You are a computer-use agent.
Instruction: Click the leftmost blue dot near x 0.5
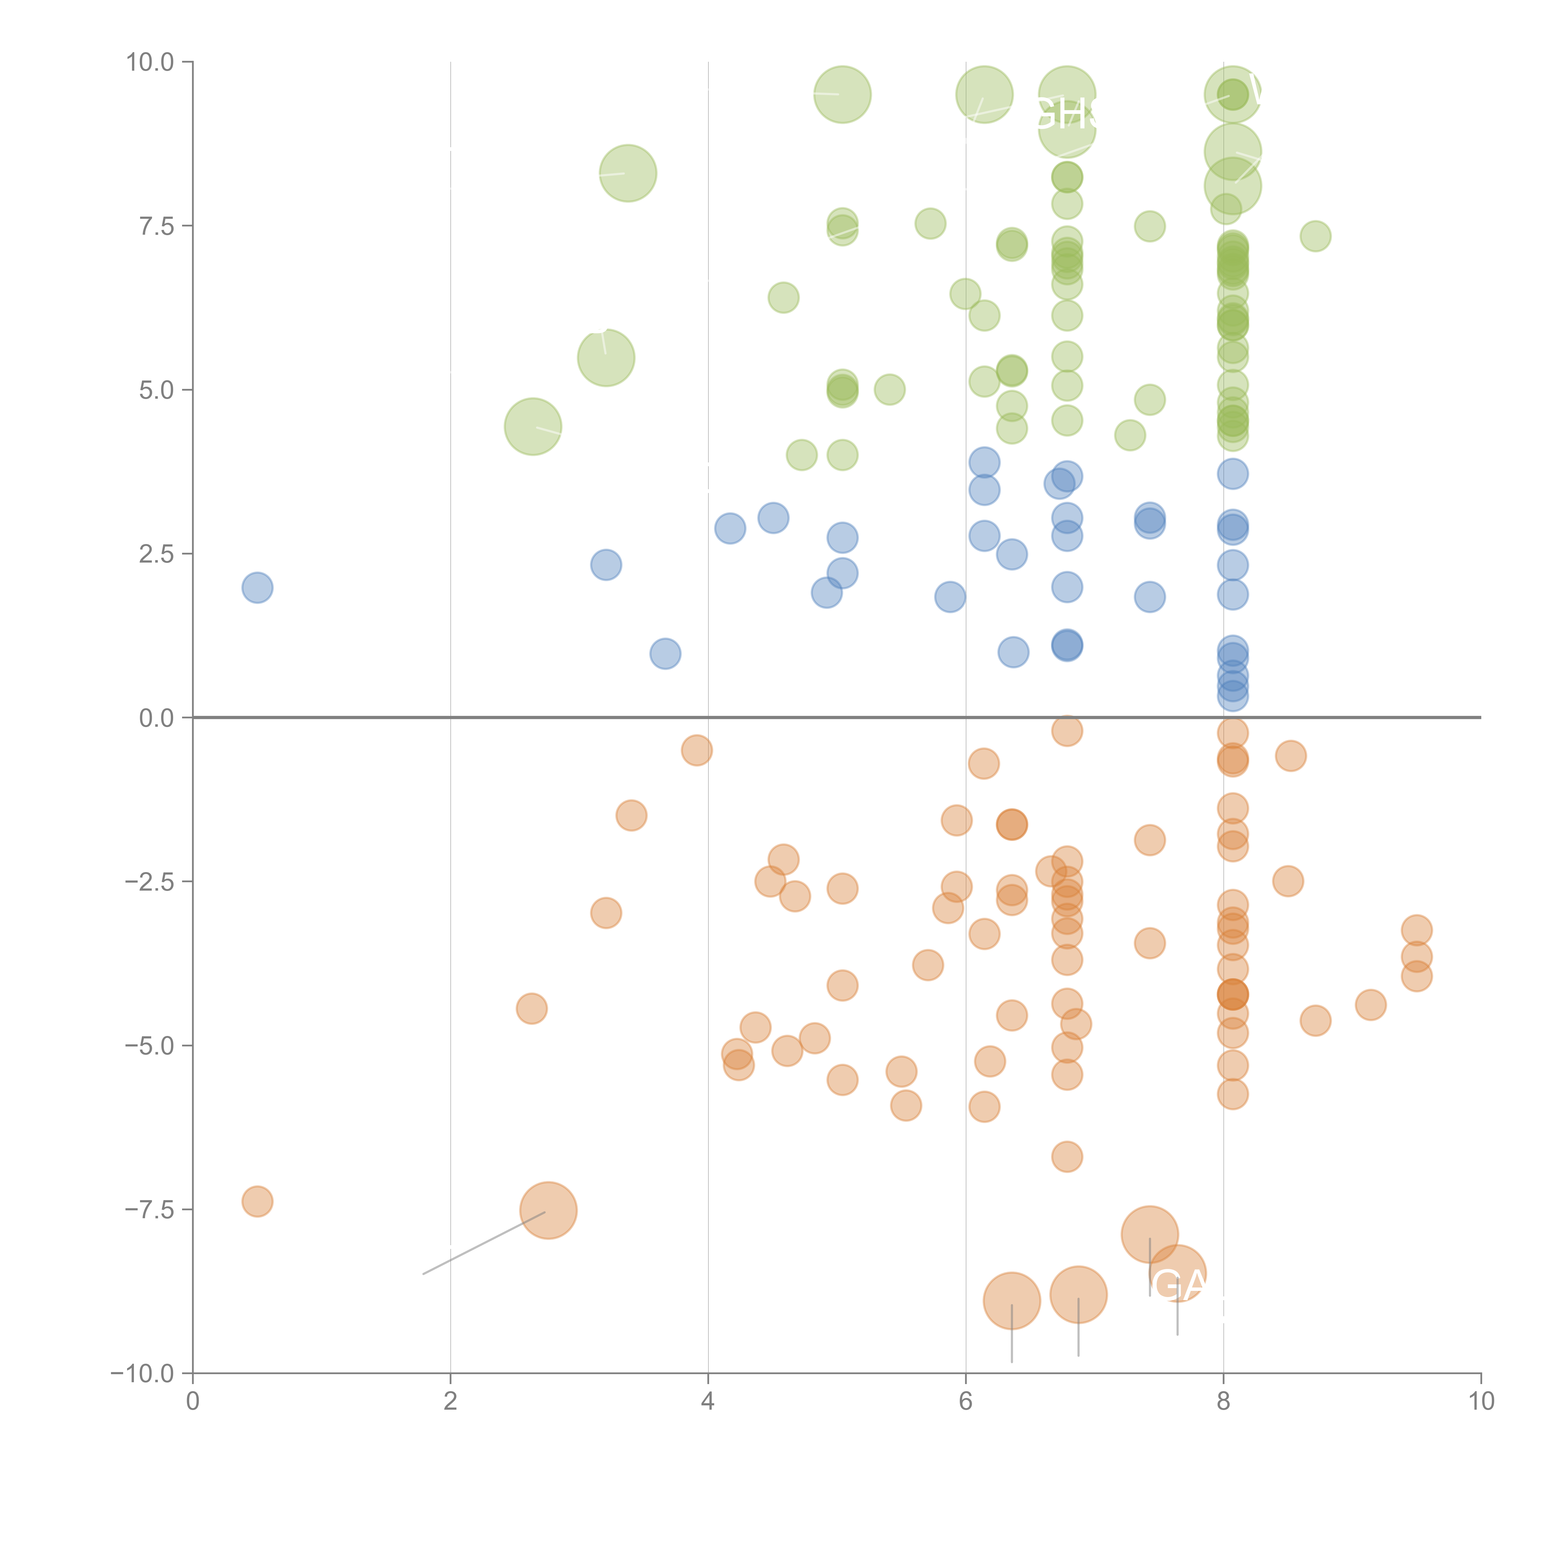coord(257,588)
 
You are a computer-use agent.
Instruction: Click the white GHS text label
coord(1066,114)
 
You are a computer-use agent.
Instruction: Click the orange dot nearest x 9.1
coord(1370,1005)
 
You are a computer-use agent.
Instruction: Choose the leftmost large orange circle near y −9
coord(1011,1300)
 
